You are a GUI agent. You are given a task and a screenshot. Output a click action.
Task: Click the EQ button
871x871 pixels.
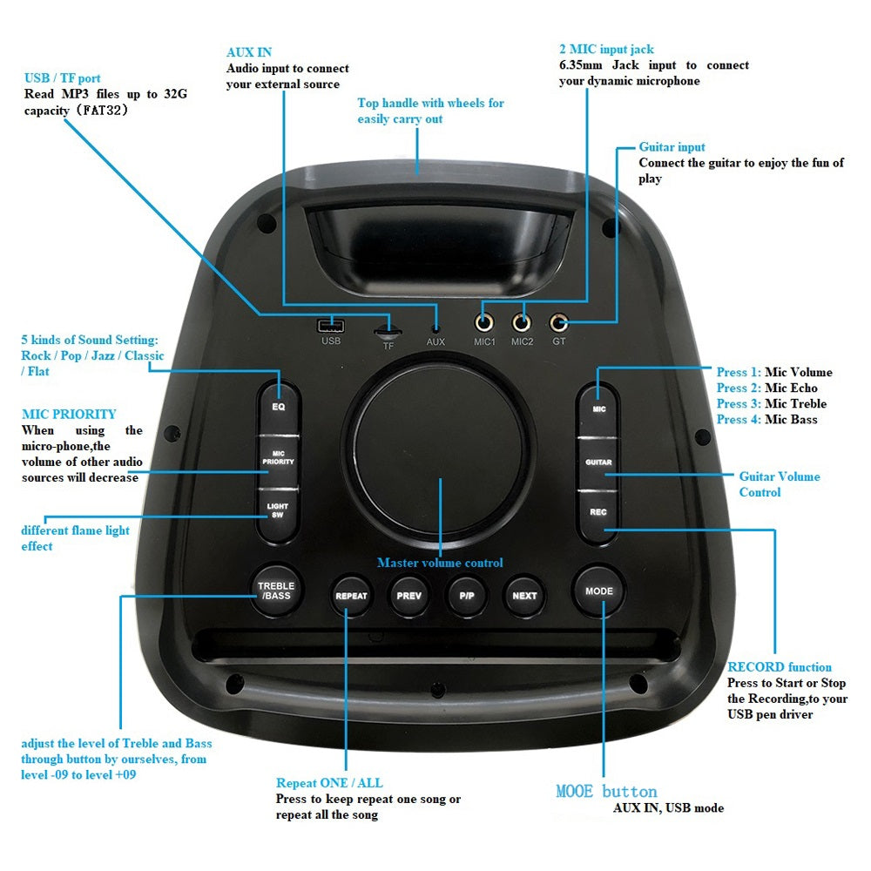pyautogui.click(x=279, y=406)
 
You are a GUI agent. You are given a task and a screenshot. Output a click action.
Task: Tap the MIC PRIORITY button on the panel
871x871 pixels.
pyautogui.click(x=279, y=456)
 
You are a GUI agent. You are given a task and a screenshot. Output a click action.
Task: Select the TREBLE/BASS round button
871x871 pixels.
pyautogui.click(x=276, y=591)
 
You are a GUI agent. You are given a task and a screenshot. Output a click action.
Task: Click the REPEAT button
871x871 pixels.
pyautogui.click(x=351, y=596)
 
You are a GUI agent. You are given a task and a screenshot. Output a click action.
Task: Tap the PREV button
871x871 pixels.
pyautogui.click(x=408, y=596)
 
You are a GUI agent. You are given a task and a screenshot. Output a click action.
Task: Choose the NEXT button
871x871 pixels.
pyautogui.click(x=524, y=596)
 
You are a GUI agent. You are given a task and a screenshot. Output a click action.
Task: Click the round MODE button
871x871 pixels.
pyautogui.click(x=599, y=591)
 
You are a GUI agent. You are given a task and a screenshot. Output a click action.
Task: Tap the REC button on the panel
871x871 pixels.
pyautogui.click(x=598, y=512)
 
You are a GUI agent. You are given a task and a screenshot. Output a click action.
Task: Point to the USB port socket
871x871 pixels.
pyautogui.click(x=330, y=326)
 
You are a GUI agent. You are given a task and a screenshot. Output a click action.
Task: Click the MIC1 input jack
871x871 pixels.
pyautogui.click(x=484, y=323)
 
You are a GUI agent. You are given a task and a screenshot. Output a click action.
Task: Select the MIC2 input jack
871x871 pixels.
pyautogui.click(x=522, y=323)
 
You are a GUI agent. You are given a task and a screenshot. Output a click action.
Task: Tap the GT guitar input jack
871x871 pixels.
pyautogui.click(x=558, y=323)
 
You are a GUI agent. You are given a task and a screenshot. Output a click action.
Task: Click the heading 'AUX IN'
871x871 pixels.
pyautogui.click(x=249, y=52)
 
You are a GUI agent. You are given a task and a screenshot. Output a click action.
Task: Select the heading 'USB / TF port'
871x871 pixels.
pyautogui.click(x=63, y=78)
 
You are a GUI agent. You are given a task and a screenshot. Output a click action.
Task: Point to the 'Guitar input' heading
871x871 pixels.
pyautogui.click(x=672, y=147)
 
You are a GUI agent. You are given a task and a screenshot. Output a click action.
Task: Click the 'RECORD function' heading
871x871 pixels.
pyautogui.click(x=780, y=667)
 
